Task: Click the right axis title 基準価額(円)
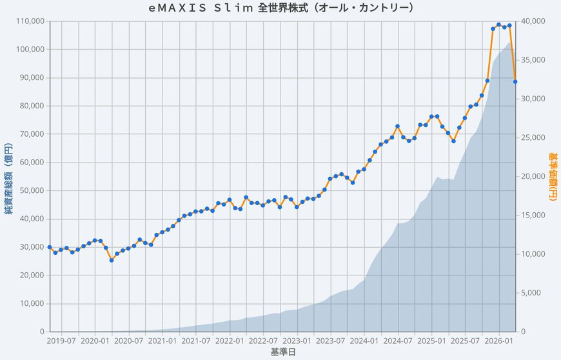(552, 176)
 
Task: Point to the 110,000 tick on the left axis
(29, 21)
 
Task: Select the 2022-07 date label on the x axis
(264, 340)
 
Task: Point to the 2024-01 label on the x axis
(365, 340)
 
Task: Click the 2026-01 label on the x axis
(498, 340)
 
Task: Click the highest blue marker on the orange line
(498, 25)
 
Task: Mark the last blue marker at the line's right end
(515, 81)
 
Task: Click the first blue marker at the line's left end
(50, 247)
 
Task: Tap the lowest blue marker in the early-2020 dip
(112, 260)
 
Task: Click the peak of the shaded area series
(510, 42)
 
